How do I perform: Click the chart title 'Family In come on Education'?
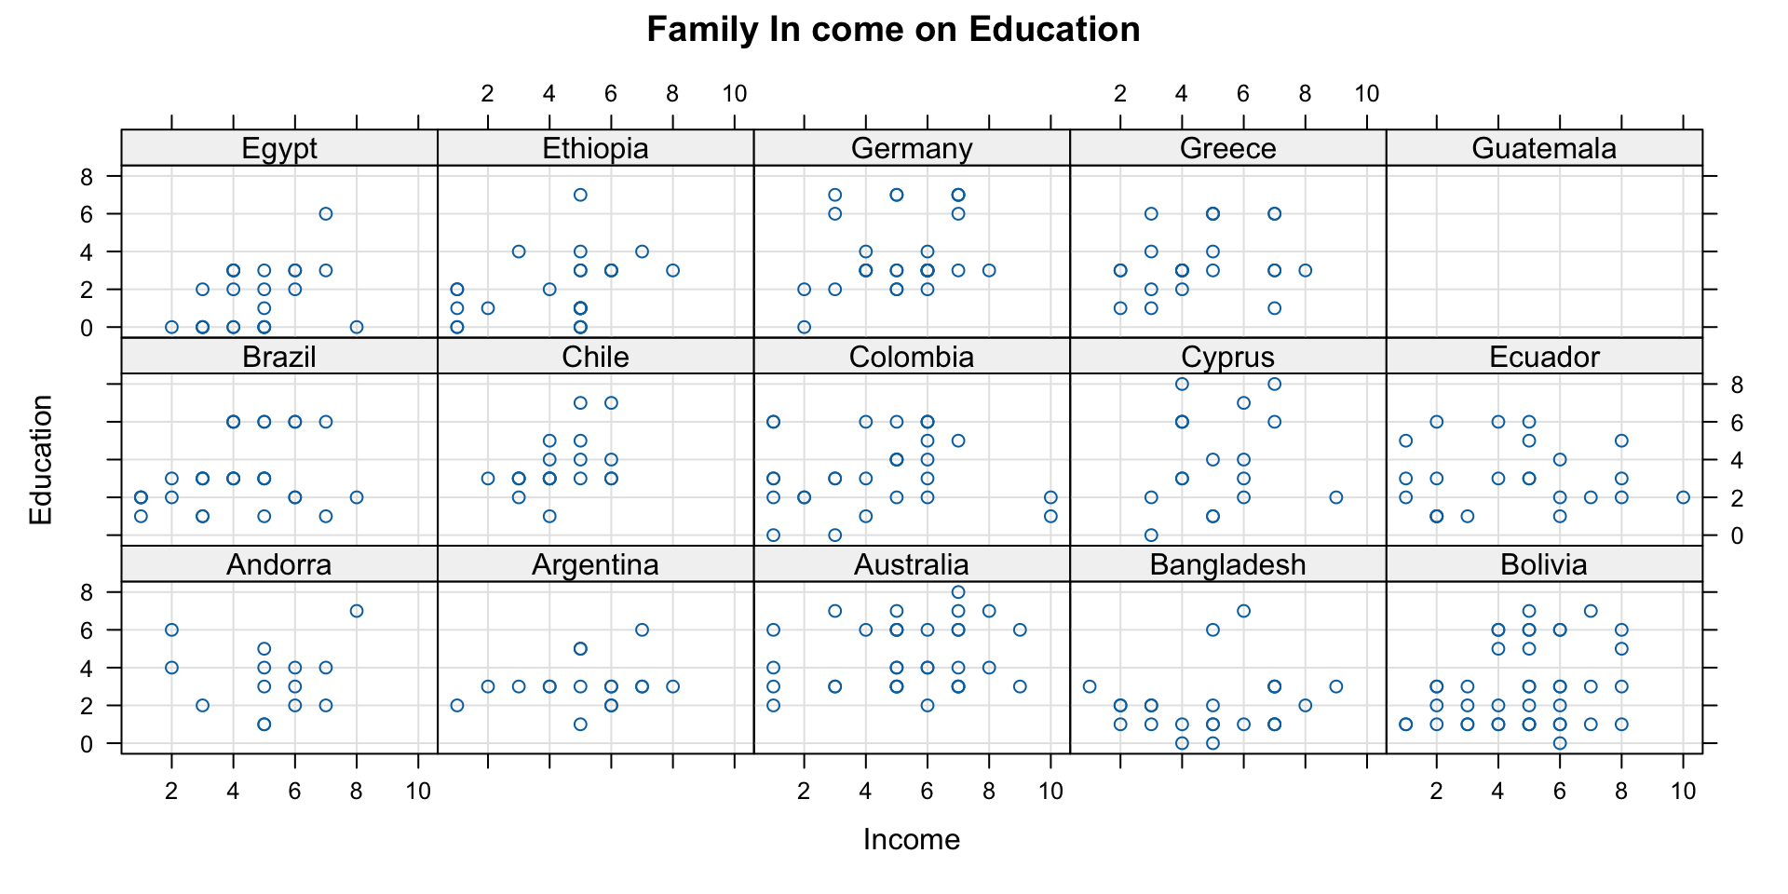pos(893,30)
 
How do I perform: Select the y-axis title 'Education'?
pos(41,459)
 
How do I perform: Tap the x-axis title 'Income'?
pos(911,840)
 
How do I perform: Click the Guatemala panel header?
pos(1544,149)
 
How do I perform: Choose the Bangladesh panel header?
pos(1227,564)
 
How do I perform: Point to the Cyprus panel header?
pos(1227,357)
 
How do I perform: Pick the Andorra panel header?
pos(279,564)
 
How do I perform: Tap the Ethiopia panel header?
pos(595,149)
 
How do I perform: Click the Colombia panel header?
pos(912,357)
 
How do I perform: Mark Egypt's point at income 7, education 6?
pos(326,213)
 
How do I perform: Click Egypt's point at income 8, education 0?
pos(357,327)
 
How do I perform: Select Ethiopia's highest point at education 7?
pos(580,195)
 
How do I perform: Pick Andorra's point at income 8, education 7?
pos(357,611)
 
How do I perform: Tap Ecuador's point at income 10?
pos(1683,497)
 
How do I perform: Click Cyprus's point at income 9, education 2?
pos(1336,497)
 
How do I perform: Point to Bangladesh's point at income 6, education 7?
pos(1243,611)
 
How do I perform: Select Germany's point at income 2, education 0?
pos(804,327)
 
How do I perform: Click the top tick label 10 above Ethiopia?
pos(734,93)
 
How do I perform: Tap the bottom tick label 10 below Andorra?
pos(418,792)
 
